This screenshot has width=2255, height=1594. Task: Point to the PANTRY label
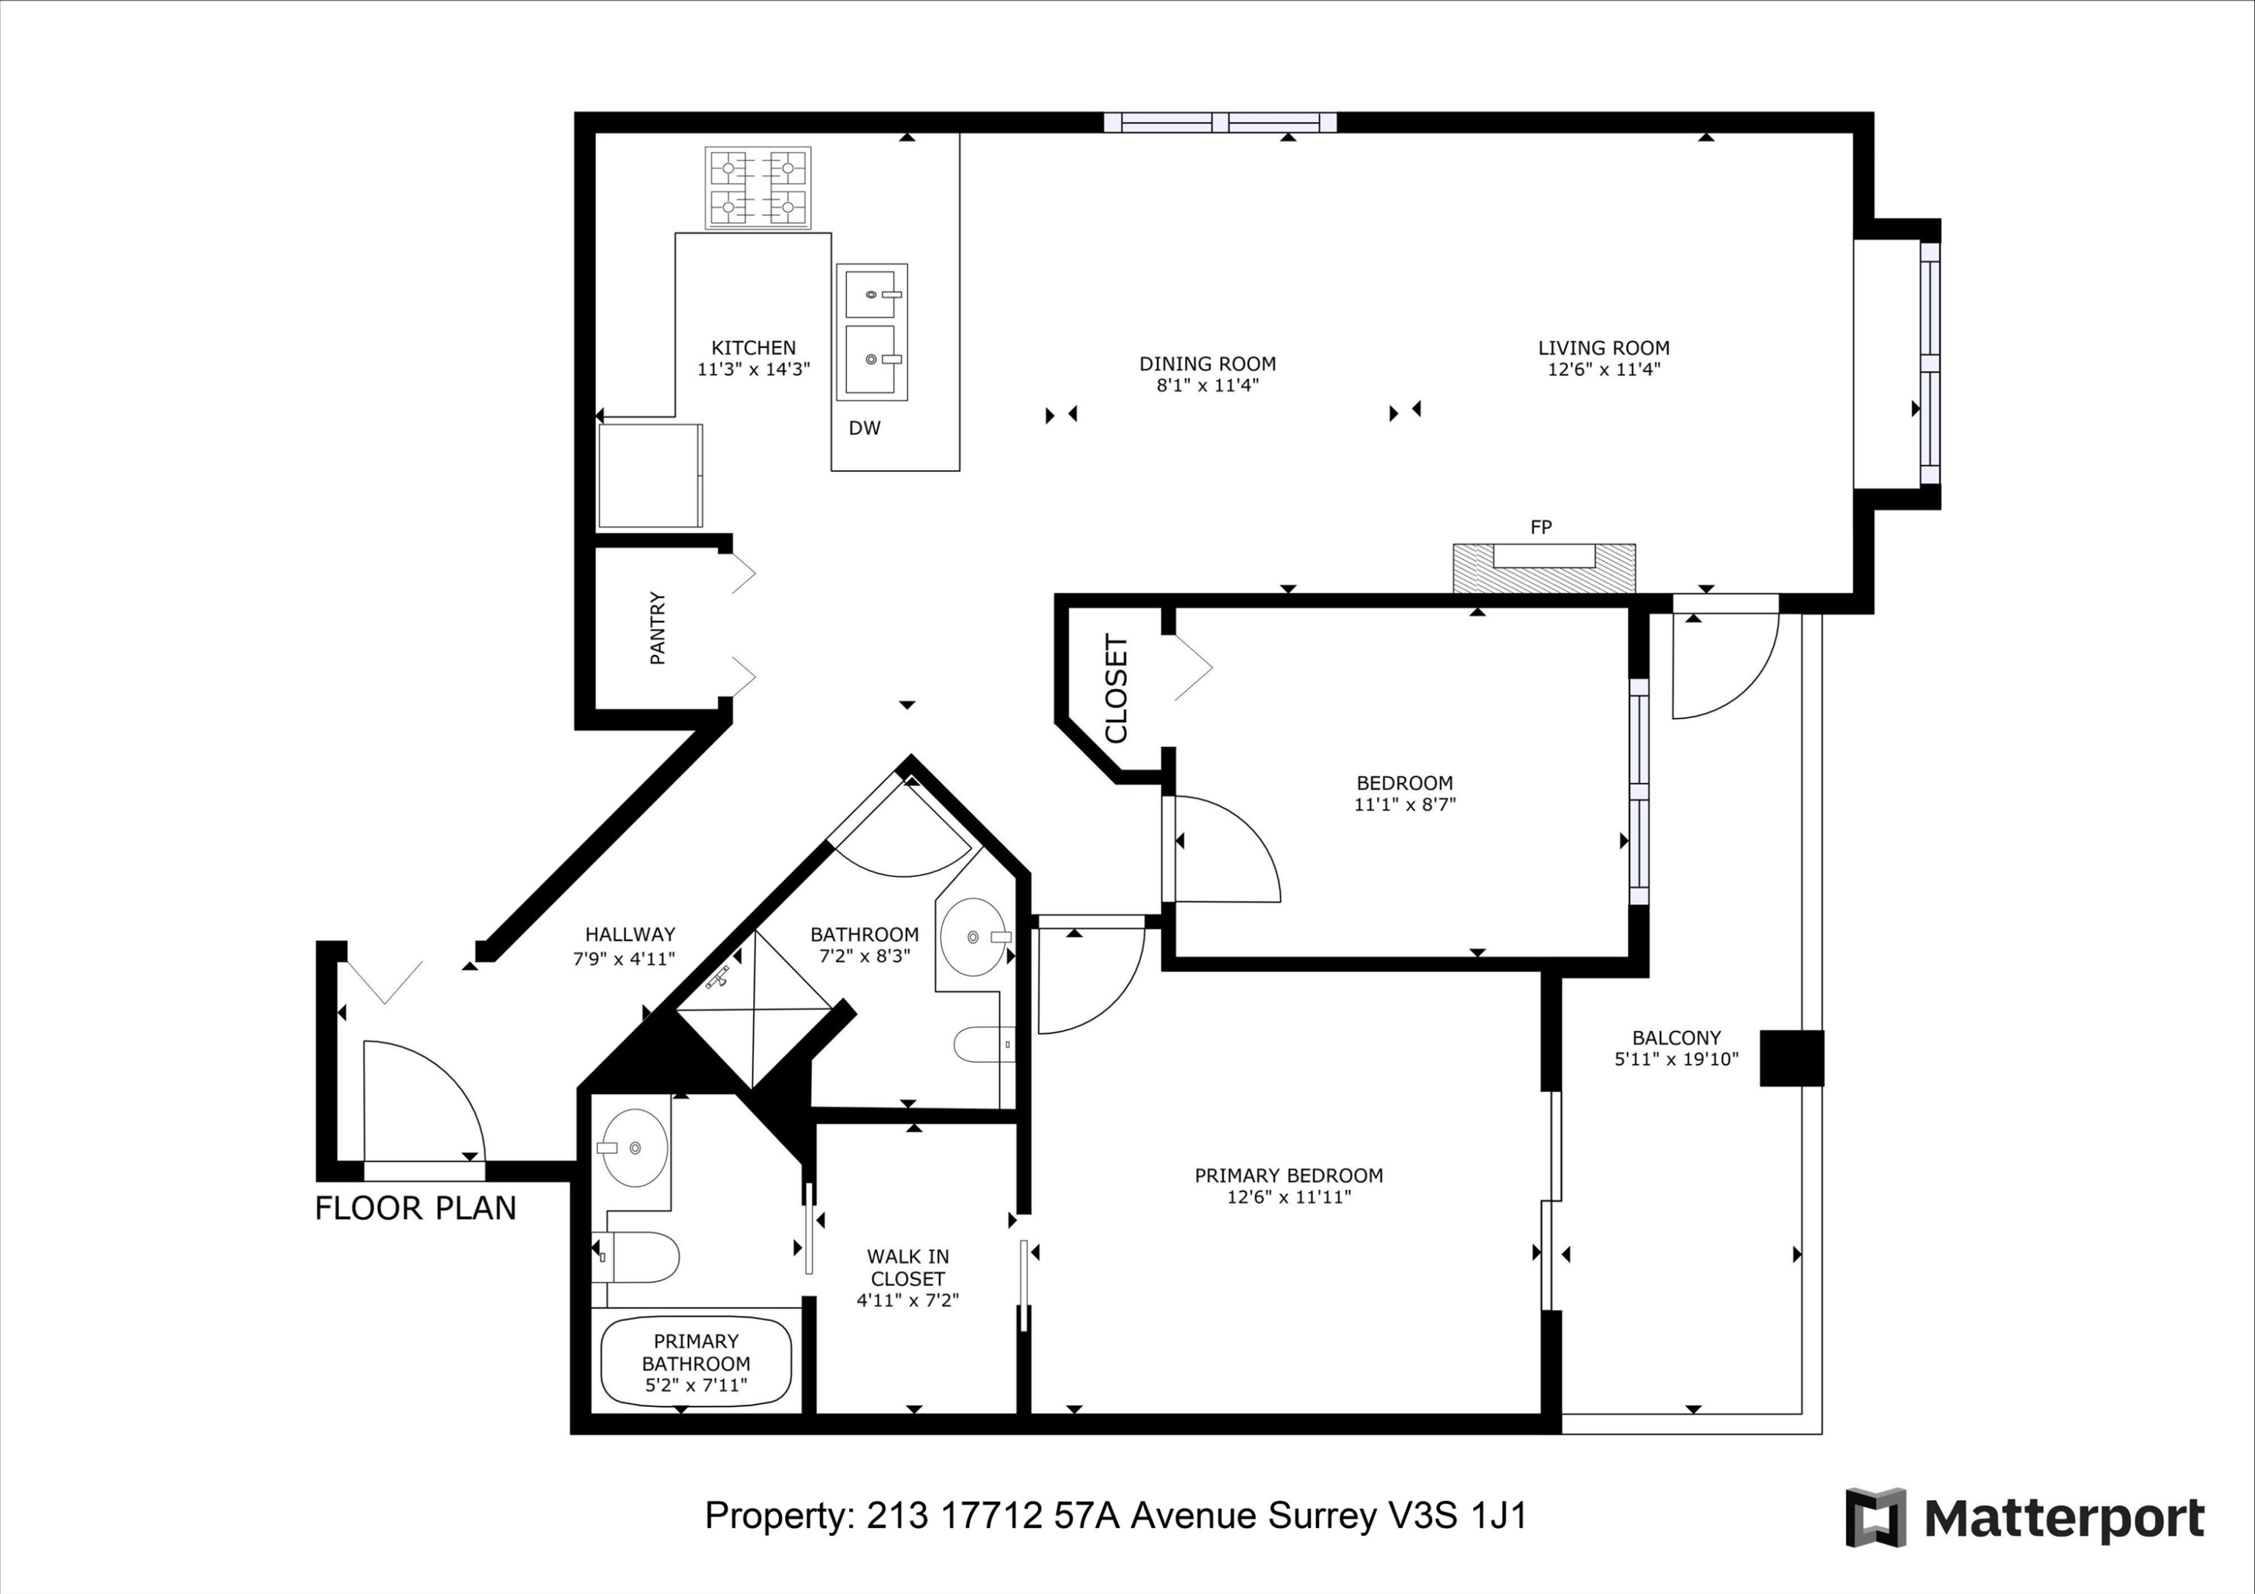pos(658,628)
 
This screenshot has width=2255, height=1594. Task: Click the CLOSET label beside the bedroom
pos(1117,688)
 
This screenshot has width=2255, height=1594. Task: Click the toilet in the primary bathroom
pos(638,1257)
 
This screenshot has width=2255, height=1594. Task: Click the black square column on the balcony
pos(1790,1057)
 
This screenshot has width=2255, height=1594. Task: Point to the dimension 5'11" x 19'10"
pos(1676,1059)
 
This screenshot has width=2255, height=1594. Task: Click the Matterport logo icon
pos(1875,1517)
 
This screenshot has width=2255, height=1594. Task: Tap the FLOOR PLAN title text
pos(416,1208)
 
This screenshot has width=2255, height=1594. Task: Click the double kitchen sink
pos(871,332)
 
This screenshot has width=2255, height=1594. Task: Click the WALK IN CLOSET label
pos(907,1267)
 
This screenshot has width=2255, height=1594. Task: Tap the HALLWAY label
pos(630,935)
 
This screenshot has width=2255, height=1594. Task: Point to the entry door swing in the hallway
pos(422,1100)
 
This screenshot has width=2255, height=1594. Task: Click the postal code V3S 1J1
pos(1457,1515)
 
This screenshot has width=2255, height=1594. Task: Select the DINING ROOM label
pos(1207,364)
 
